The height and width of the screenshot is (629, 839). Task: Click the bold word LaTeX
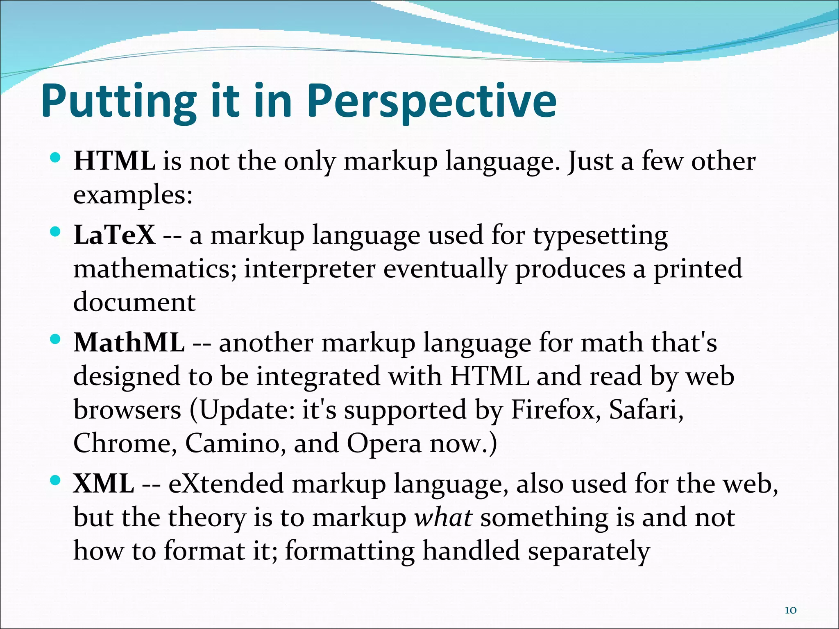[114, 235]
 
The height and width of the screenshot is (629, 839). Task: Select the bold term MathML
[129, 342]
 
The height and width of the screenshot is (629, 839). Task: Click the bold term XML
[104, 484]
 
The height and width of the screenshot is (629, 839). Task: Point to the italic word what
[443, 518]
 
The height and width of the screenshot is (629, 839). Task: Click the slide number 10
[790, 599]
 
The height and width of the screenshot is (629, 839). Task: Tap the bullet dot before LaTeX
[55, 232]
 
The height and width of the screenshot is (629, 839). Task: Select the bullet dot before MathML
[55, 339]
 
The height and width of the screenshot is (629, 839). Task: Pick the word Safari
[646, 410]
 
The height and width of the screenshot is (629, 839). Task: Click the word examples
[132, 195]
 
